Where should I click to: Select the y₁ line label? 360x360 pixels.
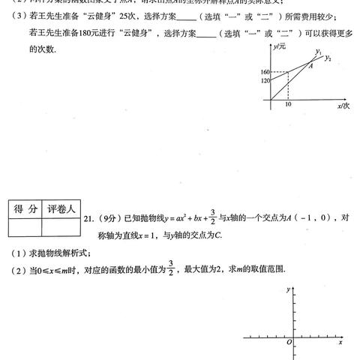click(318, 52)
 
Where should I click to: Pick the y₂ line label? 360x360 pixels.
click(328, 58)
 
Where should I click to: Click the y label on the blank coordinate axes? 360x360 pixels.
click(288, 289)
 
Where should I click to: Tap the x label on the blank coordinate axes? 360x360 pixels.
click(340, 342)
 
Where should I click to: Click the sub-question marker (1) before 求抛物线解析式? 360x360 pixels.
click(14, 253)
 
